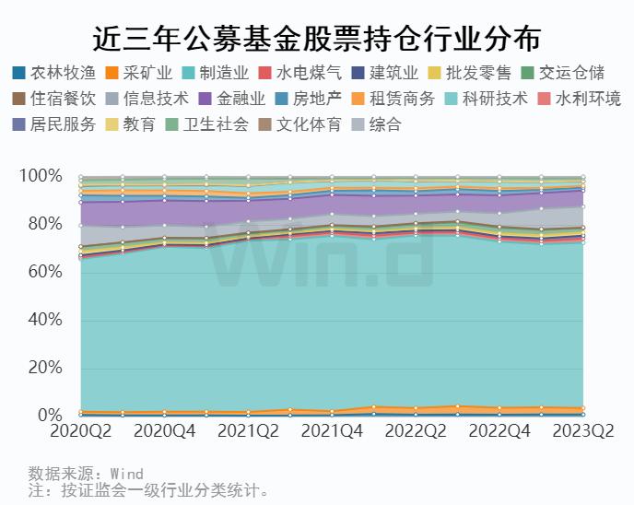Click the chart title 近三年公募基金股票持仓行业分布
point(317,40)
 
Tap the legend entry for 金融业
point(232,99)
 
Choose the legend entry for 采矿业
point(138,73)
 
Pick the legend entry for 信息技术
point(147,99)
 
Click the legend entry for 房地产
point(308,99)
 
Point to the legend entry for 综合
point(376,124)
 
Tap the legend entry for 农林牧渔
point(54,73)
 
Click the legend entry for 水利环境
point(580,99)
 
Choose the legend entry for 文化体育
point(300,124)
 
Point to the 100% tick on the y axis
point(41,175)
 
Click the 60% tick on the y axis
point(45,271)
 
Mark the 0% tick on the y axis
point(50,416)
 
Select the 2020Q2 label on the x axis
point(81,431)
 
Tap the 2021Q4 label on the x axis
point(332,431)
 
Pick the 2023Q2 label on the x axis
point(583,431)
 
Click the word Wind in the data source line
point(127,474)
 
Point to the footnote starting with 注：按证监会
point(148,490)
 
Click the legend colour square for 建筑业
point(358,73)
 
